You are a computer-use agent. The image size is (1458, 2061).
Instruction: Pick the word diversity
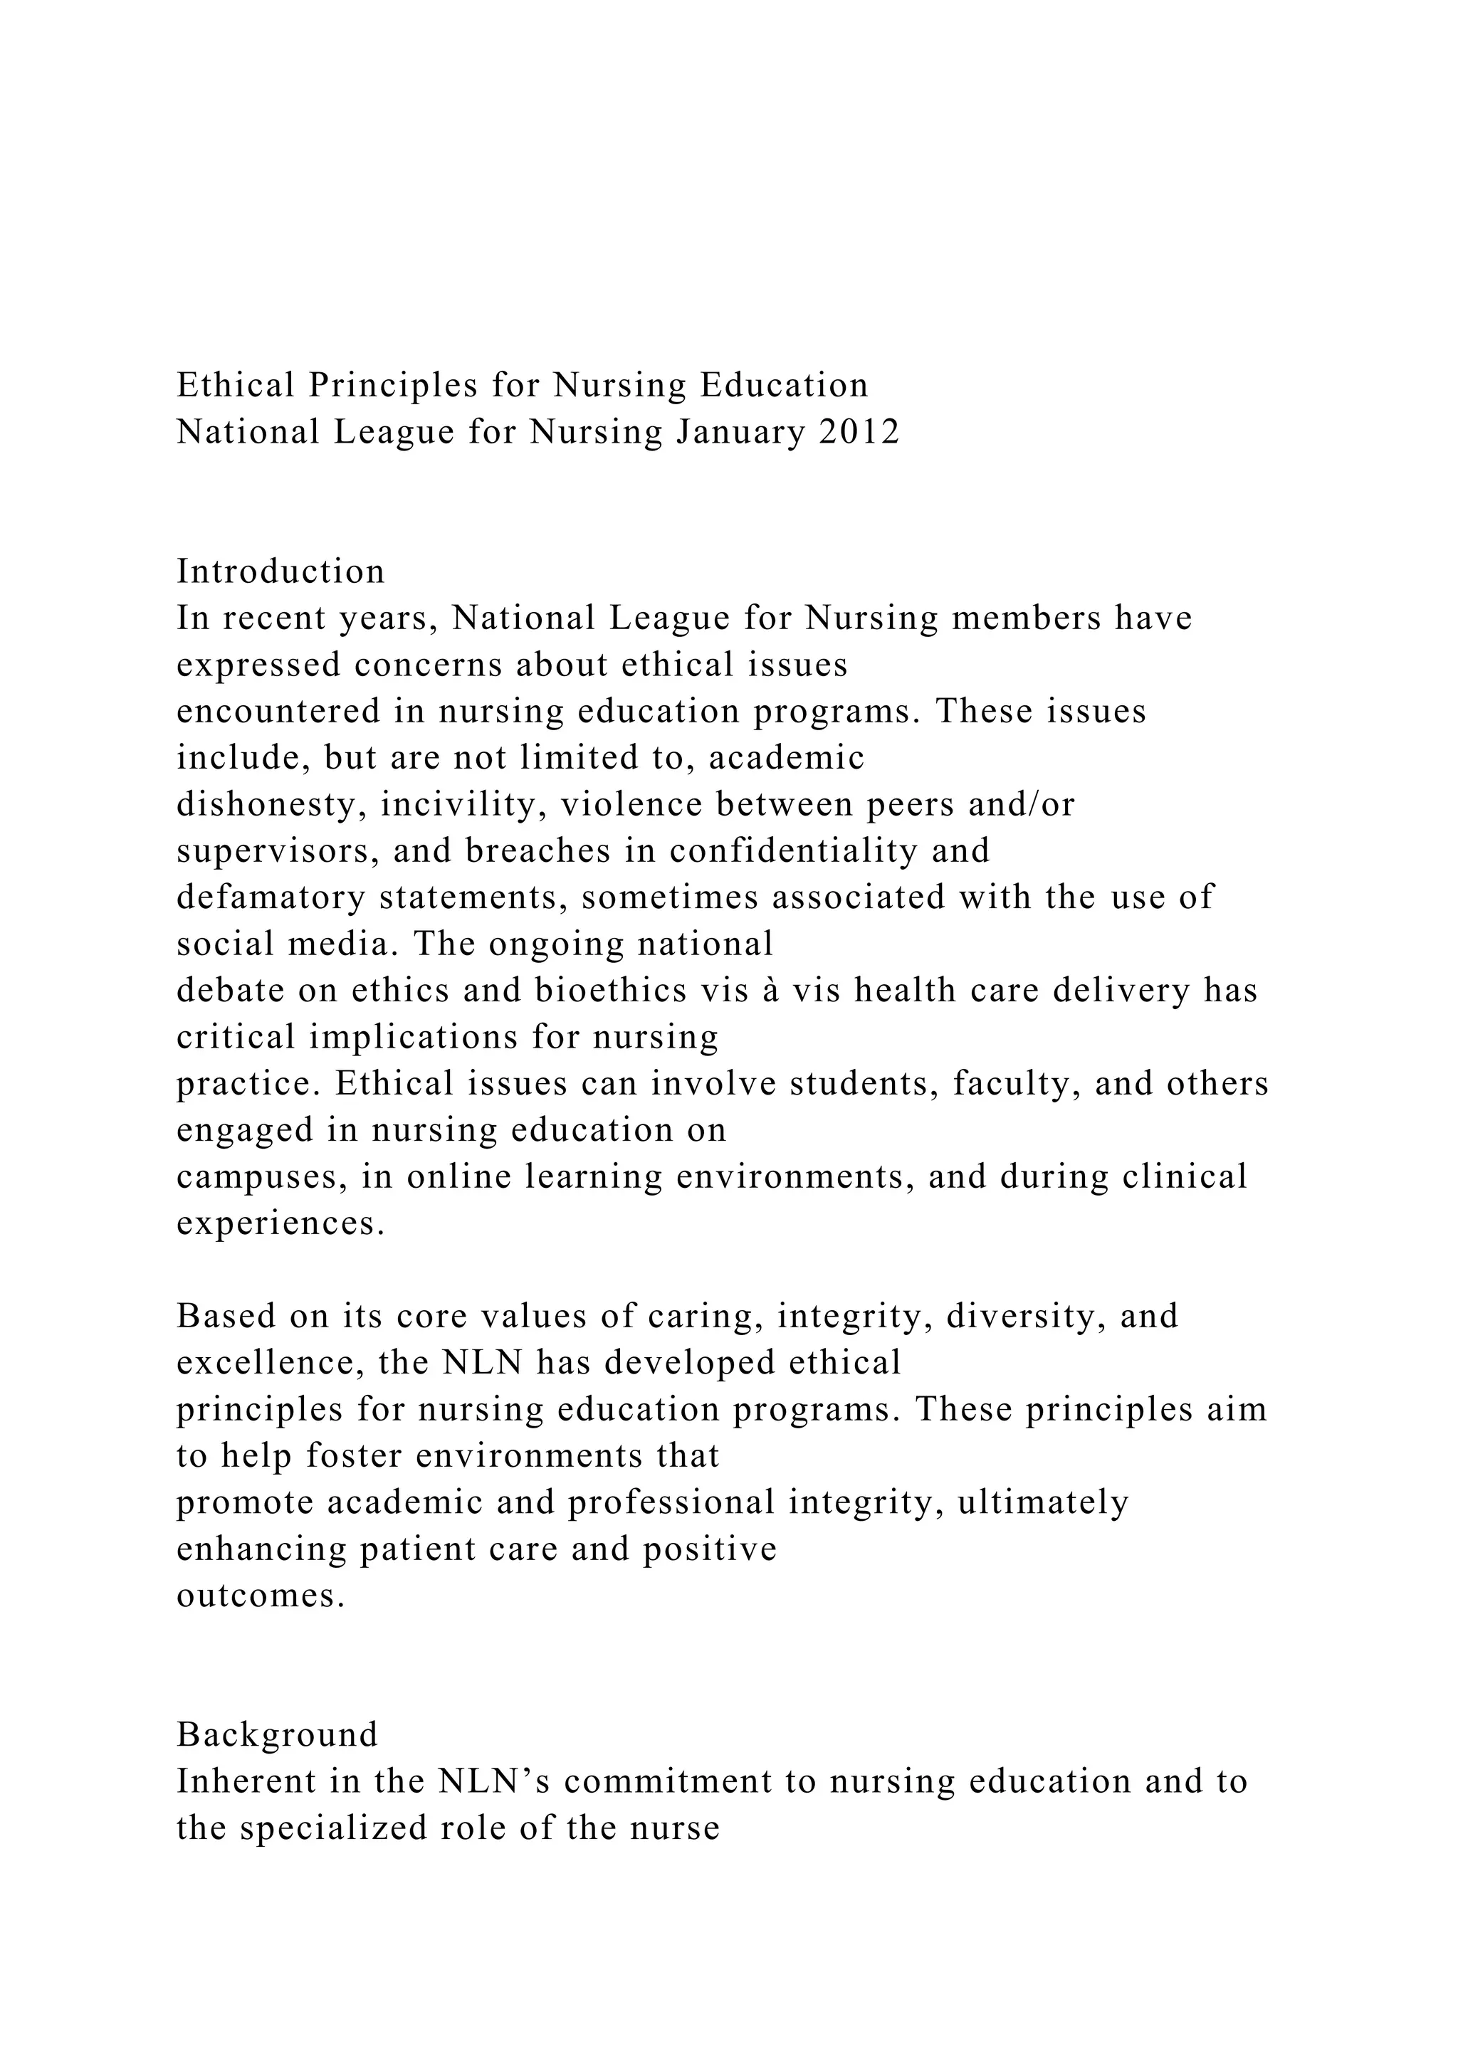click(1025, 1316)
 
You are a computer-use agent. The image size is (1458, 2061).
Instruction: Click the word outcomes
click(261, 1596)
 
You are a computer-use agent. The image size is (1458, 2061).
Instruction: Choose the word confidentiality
click(794, 851)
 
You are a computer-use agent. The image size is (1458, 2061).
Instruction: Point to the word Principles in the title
click(393, 386)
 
